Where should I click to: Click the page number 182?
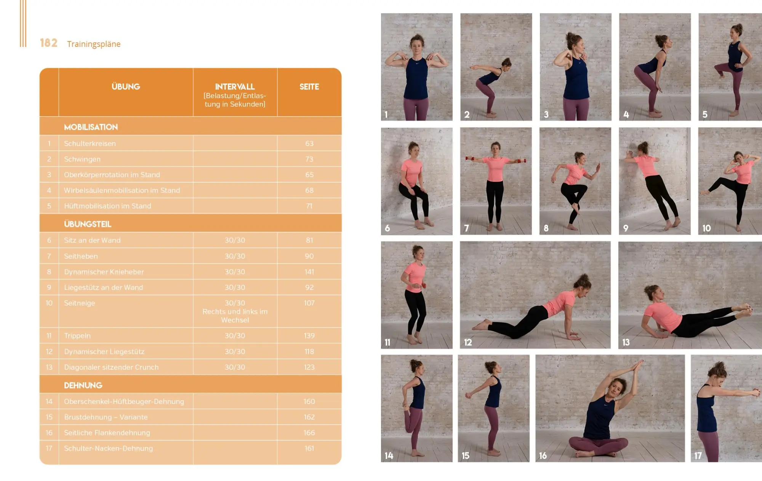click(x=49, y=43)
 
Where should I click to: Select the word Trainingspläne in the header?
click(x=94, y=44)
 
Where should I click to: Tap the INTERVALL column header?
click(x=235, y=87)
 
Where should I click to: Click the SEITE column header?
click(x=309, y=87)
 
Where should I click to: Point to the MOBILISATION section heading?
click(x=91, y=127)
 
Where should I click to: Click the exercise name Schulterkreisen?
click(x=90, y=144)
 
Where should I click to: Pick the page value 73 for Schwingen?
click(x=309, y=159)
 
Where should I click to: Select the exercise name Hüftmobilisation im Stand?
click(x=107, y=206)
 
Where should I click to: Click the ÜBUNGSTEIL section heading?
click(x=88, y=224)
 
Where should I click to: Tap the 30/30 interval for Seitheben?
click(x=235, y=256)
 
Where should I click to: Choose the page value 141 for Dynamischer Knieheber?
click(x=309, y=272)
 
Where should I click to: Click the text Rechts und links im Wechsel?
click(x=235, y=316)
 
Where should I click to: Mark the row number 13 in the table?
click(x=49, y=368)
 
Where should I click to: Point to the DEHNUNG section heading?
click(x=83, y=385)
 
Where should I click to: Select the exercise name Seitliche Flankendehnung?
click(x=107, y=433)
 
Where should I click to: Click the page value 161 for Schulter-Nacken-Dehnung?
click(x=309, y=449)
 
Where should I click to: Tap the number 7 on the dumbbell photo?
click(x=466, y=228)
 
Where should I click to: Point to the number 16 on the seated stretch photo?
click(x=543, y=455)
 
